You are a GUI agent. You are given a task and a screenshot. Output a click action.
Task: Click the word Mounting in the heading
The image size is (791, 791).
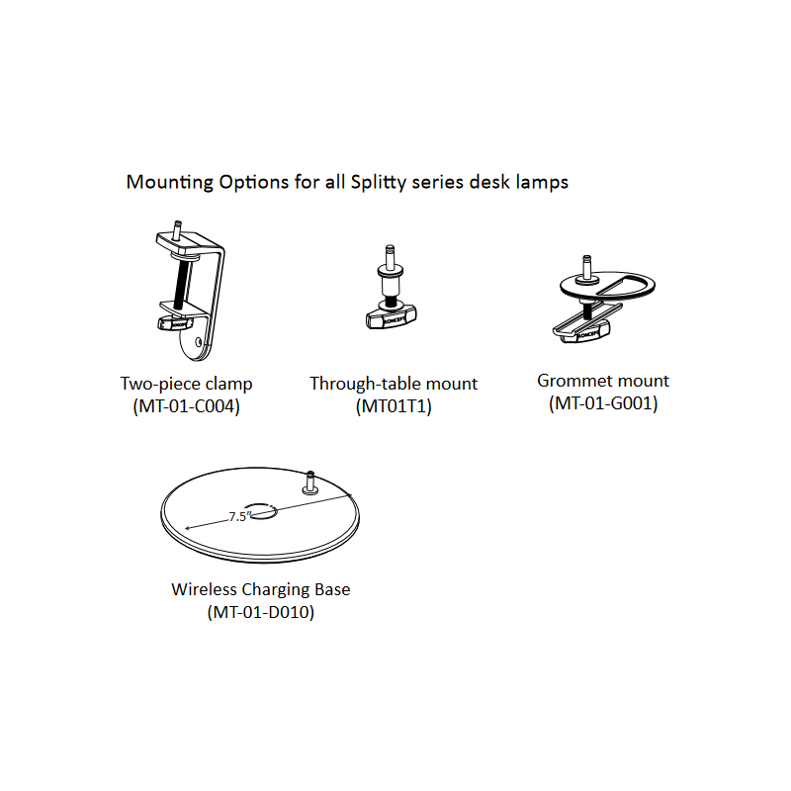(x=170, y=182)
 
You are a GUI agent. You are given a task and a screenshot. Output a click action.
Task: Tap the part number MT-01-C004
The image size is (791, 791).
(x=186, y=406)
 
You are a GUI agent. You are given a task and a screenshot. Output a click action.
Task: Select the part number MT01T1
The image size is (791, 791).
(x=394, y=406)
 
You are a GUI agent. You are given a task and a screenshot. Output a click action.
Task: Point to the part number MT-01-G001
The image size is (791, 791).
(x=603, y=403)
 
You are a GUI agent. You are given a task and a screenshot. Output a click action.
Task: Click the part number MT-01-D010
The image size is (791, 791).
(x=261, y=612)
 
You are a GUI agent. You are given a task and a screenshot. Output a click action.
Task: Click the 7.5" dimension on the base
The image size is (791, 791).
(x=239, y=516)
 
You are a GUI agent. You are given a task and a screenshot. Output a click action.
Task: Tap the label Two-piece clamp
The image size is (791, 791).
(x=186, y=384)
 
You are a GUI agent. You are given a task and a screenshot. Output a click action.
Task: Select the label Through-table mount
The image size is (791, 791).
(x=394, y=384)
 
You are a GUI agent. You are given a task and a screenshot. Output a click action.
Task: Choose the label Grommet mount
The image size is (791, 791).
(x=603, y=381)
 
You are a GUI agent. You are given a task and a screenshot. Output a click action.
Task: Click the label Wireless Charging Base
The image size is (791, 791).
(x=261, y=589)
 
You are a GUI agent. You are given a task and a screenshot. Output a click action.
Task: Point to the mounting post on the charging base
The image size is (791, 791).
(x=309, y=483)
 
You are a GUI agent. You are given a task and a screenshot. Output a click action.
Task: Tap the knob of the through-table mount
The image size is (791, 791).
(x=392, y=317)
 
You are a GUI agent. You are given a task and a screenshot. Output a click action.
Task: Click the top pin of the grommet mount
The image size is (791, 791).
(x=586, y=266)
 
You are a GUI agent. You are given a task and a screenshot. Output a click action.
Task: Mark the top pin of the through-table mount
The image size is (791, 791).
(x=390, y=256)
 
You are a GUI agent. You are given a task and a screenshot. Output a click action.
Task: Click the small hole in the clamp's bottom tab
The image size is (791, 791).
(x=199, y=342)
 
